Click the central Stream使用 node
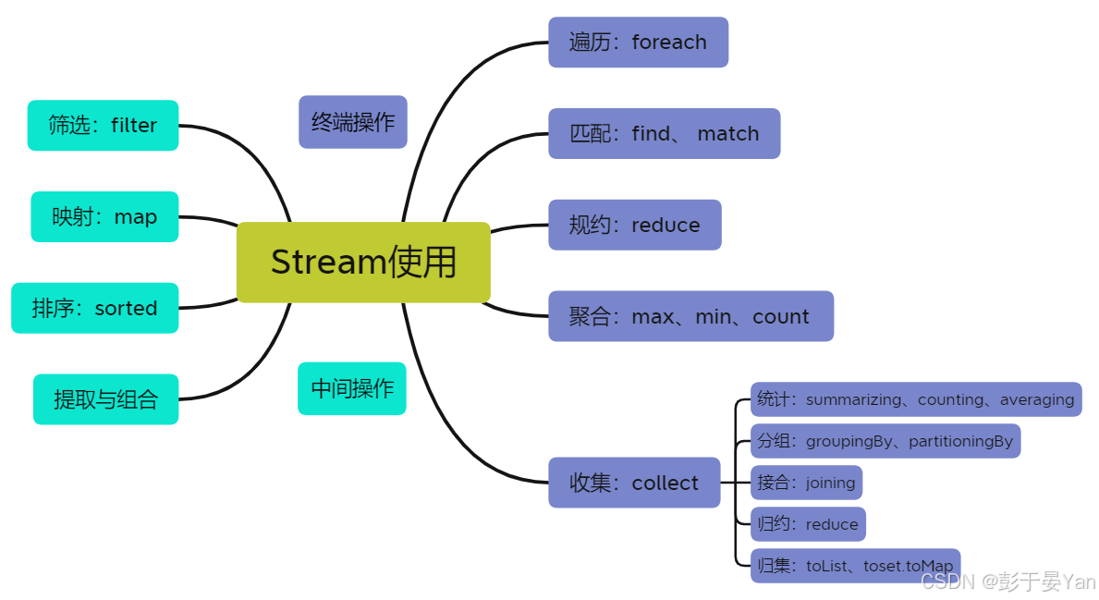363,263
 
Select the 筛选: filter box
103,126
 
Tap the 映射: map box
104,217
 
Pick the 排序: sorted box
94,308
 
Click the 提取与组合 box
105,399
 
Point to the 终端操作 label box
352,122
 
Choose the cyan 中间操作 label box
351,388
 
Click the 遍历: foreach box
638,43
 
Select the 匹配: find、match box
664,134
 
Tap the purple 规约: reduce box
634,225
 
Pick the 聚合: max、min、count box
690,316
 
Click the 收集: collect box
634,483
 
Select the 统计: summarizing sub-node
915,399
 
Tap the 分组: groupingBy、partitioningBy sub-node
885,441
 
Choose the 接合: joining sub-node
807,482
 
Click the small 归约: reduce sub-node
808,524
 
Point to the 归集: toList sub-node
855,566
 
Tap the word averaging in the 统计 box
1036,399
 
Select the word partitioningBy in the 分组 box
960,441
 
